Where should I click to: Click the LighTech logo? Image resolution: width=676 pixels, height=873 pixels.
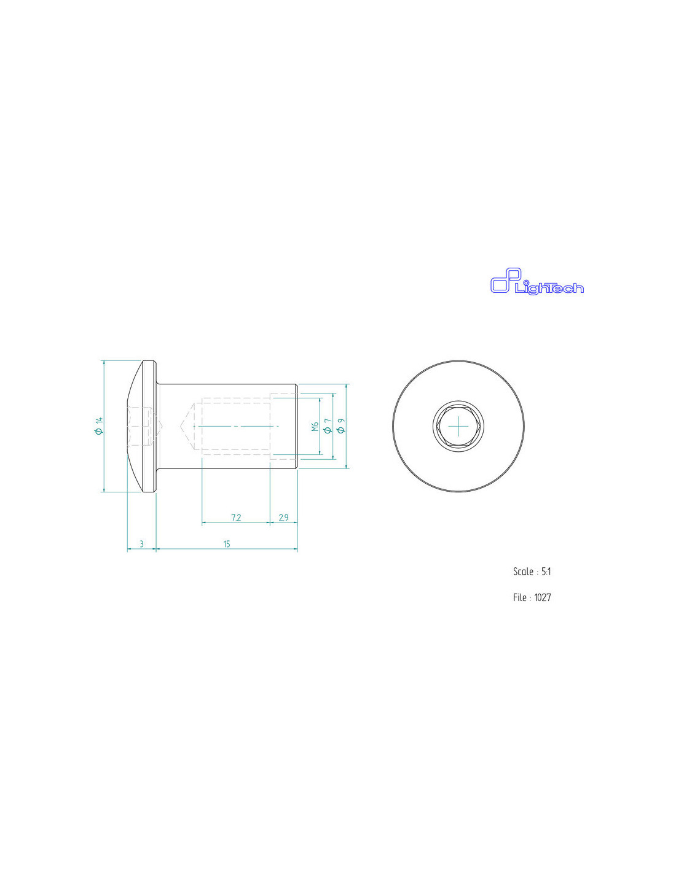click(536, 281)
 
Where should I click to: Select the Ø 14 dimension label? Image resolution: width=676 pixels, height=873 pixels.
click(98, 426)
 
